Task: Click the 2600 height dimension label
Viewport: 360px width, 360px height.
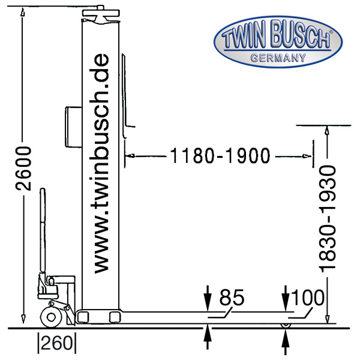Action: pos(23,169)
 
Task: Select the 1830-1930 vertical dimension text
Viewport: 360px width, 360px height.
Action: pos(328,219)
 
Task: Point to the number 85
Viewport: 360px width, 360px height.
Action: pos(232,298)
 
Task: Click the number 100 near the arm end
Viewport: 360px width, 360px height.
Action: pos(308,298)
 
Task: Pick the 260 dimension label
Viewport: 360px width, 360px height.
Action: pos(57,344)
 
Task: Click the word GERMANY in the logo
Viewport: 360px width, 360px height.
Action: pos(278,58)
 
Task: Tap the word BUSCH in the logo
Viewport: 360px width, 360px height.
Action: pos(301,35)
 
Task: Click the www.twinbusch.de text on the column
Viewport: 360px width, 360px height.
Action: pos(101,163)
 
